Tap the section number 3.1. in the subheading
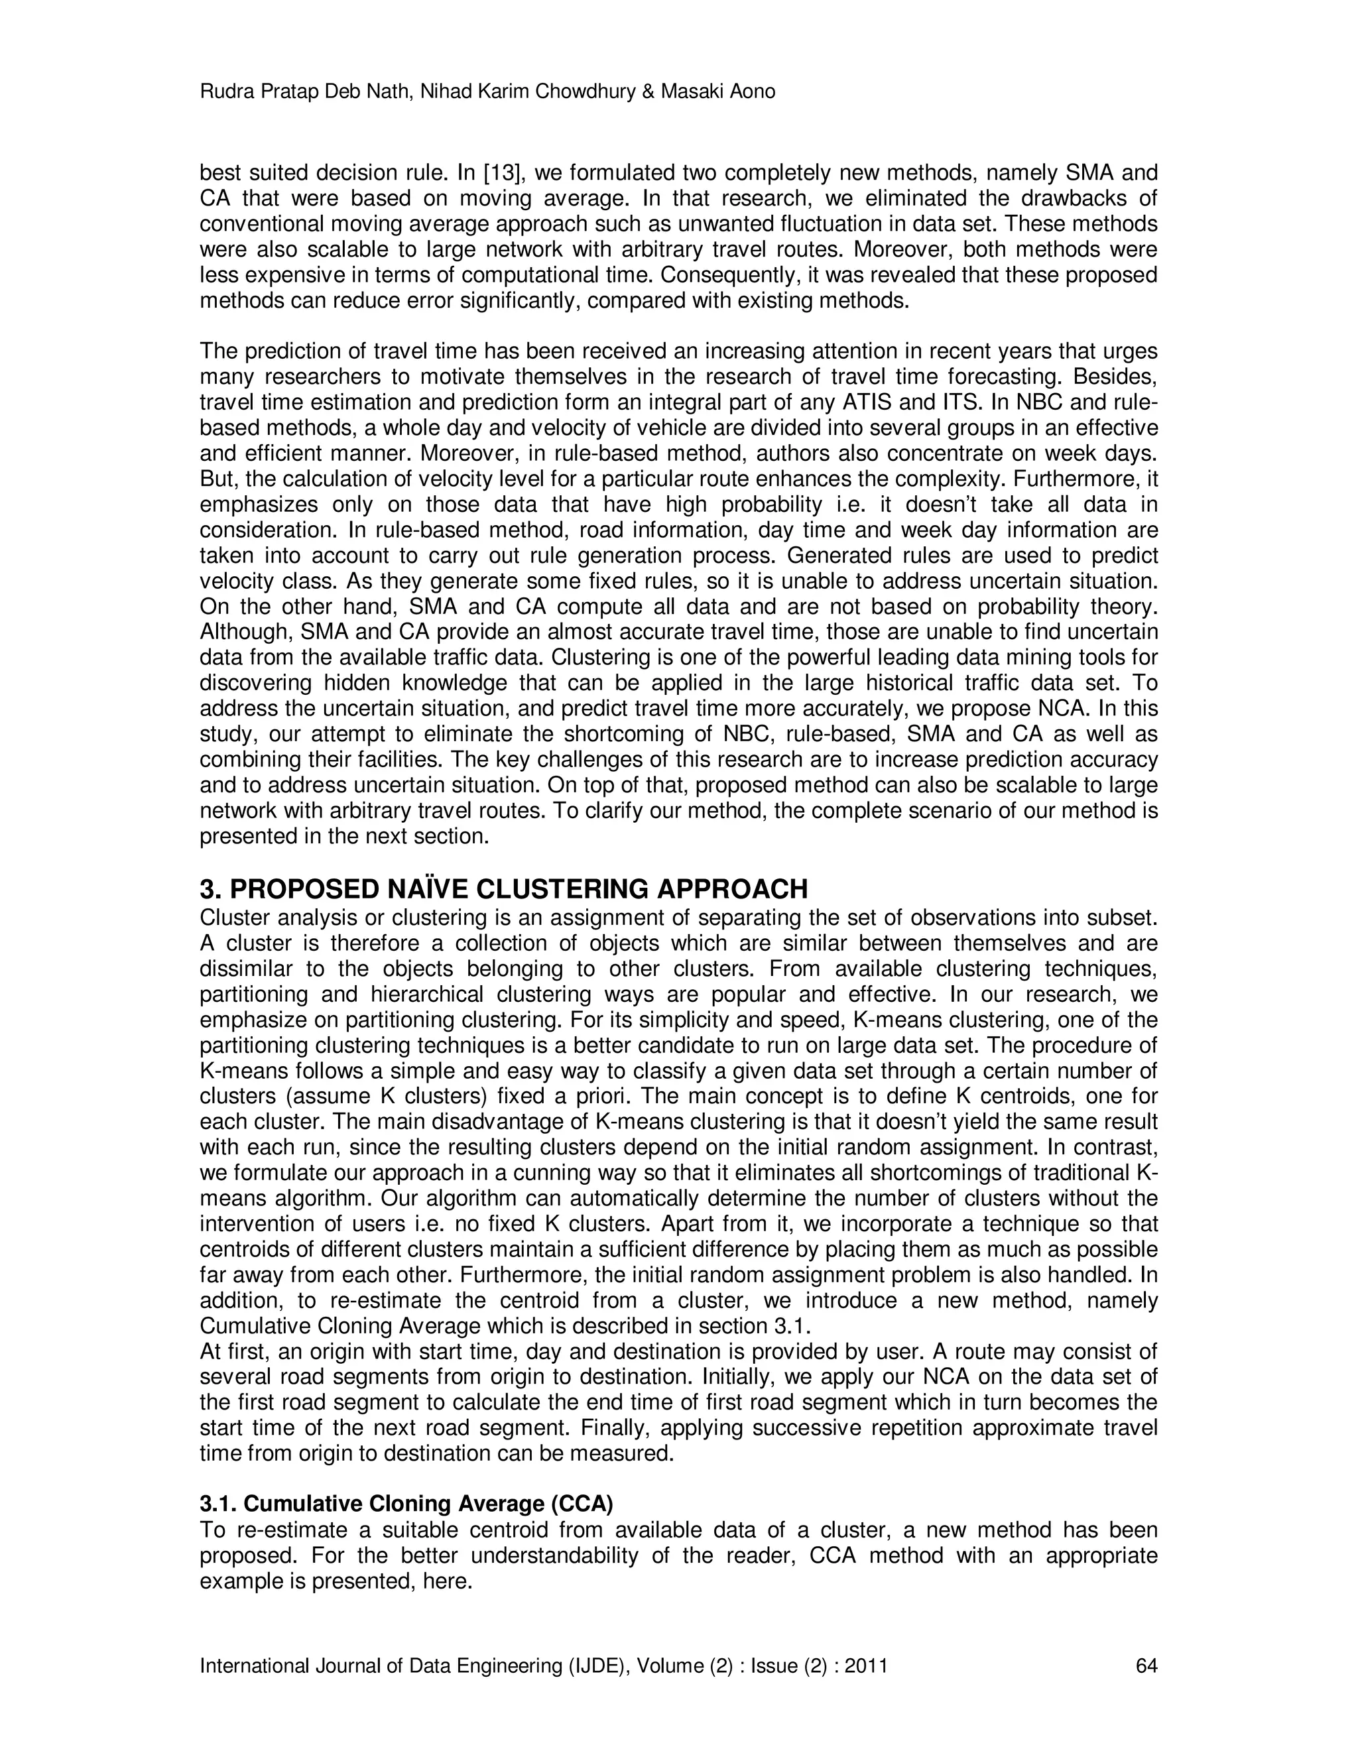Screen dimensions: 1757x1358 pos(218,1504)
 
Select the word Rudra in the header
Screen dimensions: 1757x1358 pos(225,91)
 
